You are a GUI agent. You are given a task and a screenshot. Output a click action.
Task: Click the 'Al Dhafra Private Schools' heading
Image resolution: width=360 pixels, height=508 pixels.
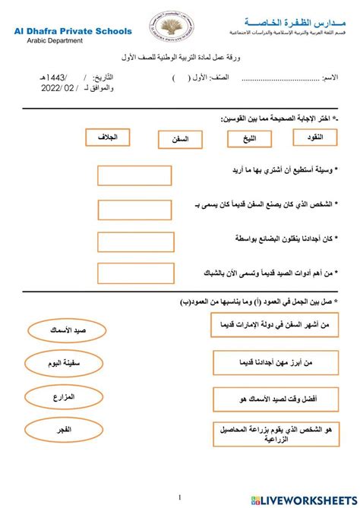click(72, 32)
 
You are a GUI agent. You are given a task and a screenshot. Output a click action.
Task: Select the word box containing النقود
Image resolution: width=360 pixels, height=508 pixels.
click(313, 137)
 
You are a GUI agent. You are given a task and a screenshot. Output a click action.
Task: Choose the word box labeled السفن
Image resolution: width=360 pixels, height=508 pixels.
click(179, 140)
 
